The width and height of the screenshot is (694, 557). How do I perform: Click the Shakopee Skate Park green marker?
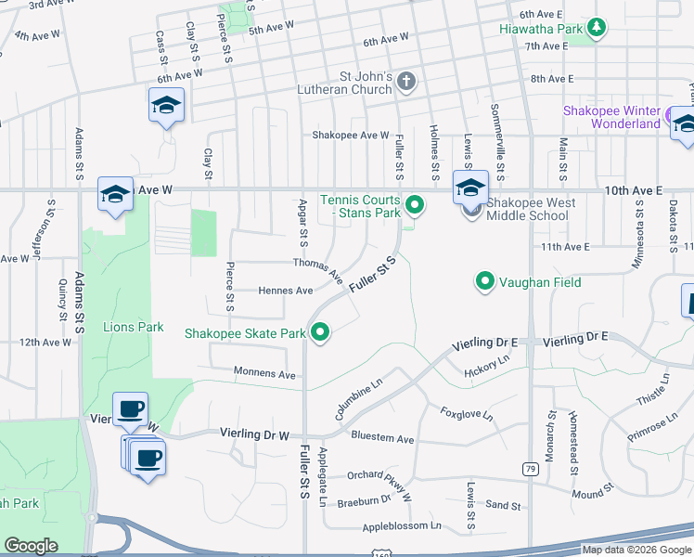pos(321,331)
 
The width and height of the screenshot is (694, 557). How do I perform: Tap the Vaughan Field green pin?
pos(483,280)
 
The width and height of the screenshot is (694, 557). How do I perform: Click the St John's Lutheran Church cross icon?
pos(405,83)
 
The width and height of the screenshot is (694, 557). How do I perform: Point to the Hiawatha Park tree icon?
pos(598,29)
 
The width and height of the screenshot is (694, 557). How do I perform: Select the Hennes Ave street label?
pos(285,291)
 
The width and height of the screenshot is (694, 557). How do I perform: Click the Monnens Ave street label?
pos(264,374)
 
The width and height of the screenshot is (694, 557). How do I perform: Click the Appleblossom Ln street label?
pos(402,525)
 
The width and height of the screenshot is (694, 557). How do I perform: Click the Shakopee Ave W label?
pos(350,135)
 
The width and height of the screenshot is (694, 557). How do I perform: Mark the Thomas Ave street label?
pos(318,269)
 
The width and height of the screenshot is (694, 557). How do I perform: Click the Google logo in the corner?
pos(31,546)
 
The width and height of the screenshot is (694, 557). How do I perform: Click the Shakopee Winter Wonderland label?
pos(611,117)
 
